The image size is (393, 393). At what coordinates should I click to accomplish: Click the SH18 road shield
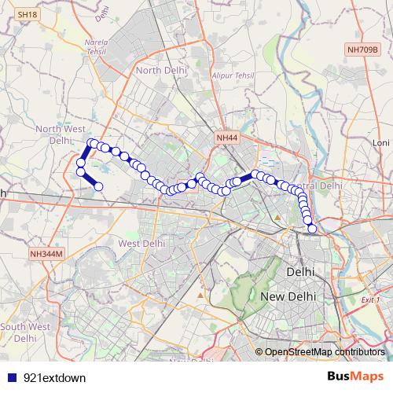tap(27, 15)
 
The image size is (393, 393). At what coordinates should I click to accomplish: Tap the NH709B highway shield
tap(362, 50)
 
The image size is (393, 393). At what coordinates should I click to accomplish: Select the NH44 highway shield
tap(226, 138)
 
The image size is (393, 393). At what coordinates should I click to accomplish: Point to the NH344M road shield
tap(46, 254)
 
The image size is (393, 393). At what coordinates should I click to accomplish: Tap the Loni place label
tap(381, 143)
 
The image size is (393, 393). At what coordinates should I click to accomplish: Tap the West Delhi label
tap(141, 244)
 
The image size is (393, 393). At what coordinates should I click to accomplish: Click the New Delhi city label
tap(288, 297)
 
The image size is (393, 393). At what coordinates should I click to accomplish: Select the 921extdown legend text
tap(54, 377)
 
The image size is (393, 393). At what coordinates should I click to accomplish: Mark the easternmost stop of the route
tap(312, 229)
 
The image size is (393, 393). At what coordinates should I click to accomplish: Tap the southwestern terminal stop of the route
tap(99, 186)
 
